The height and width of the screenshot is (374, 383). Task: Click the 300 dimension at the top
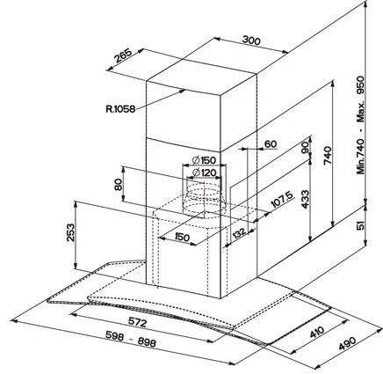click(253, 41)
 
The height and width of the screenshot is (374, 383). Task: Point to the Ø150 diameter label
click(204, 159)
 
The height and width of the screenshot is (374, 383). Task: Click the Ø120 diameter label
click(204, 172)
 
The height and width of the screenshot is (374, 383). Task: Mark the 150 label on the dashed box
click(181, 238)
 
